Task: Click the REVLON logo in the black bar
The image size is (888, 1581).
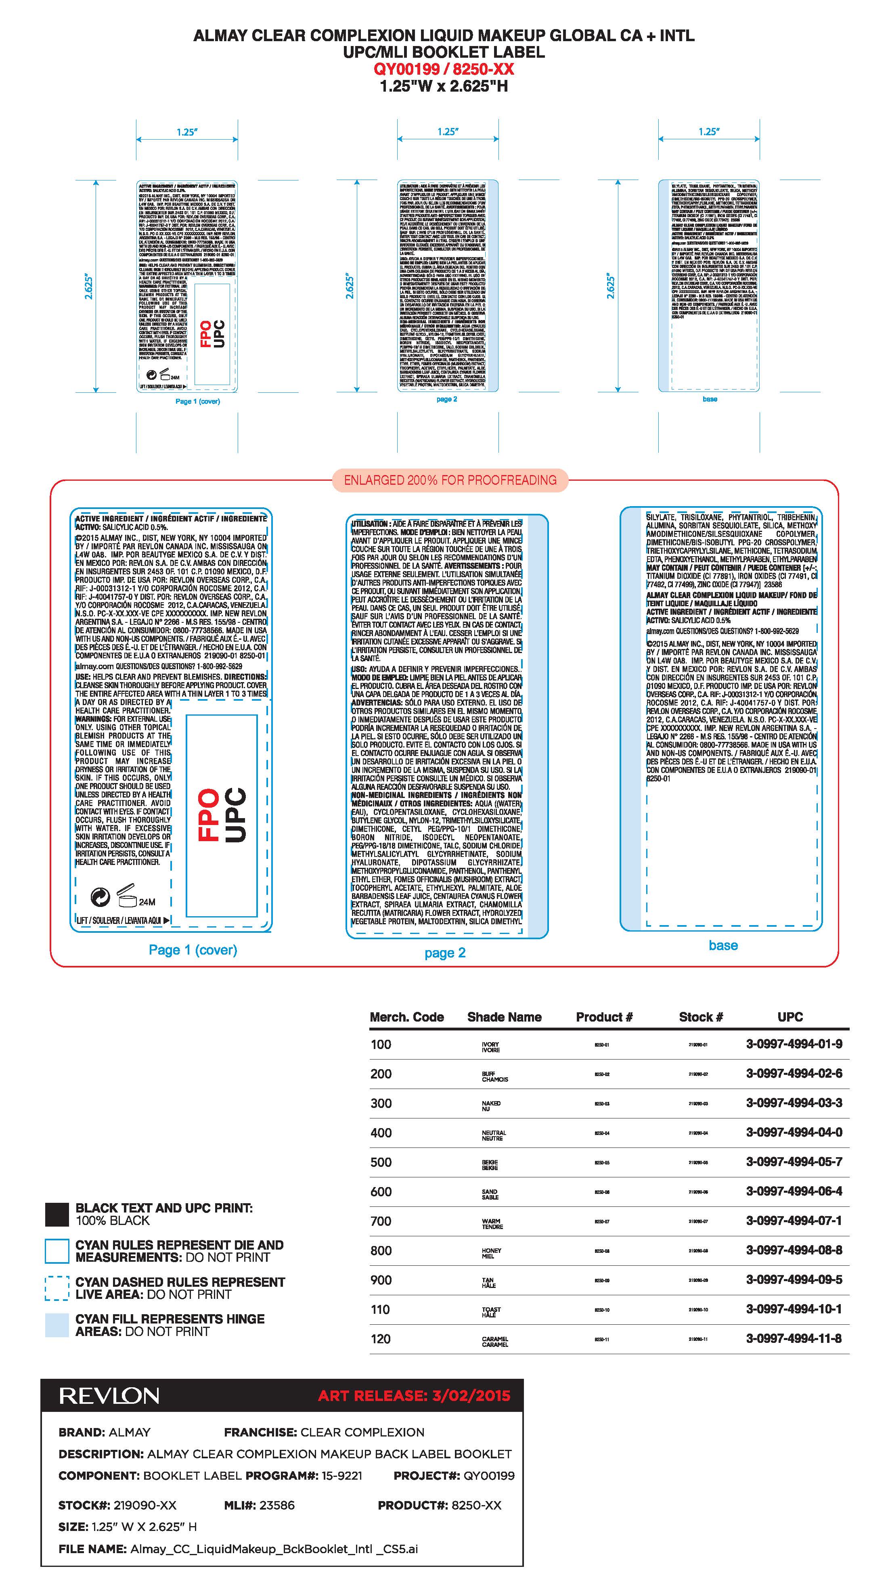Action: tap(109, 1396)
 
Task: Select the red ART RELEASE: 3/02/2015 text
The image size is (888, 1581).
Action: tap(414, 1396)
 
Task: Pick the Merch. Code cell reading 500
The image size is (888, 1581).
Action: tap(381, 1162)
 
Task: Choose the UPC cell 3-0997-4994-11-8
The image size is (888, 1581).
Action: tap(794, 1338)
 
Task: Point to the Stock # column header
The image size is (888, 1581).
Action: tap(701, 1017)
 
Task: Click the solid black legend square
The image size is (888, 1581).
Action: tap(57, 1215)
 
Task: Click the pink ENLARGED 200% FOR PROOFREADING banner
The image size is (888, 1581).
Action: tap(450, 480)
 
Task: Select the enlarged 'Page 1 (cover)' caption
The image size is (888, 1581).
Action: tap(193, 950)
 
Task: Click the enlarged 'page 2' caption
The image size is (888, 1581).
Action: tap(445, 953)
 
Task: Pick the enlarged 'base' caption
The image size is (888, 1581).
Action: tap(723, 946)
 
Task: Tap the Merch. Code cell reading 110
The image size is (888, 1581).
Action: tap(381, 1309)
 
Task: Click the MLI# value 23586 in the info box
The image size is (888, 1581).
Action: tap(277, 1505)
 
